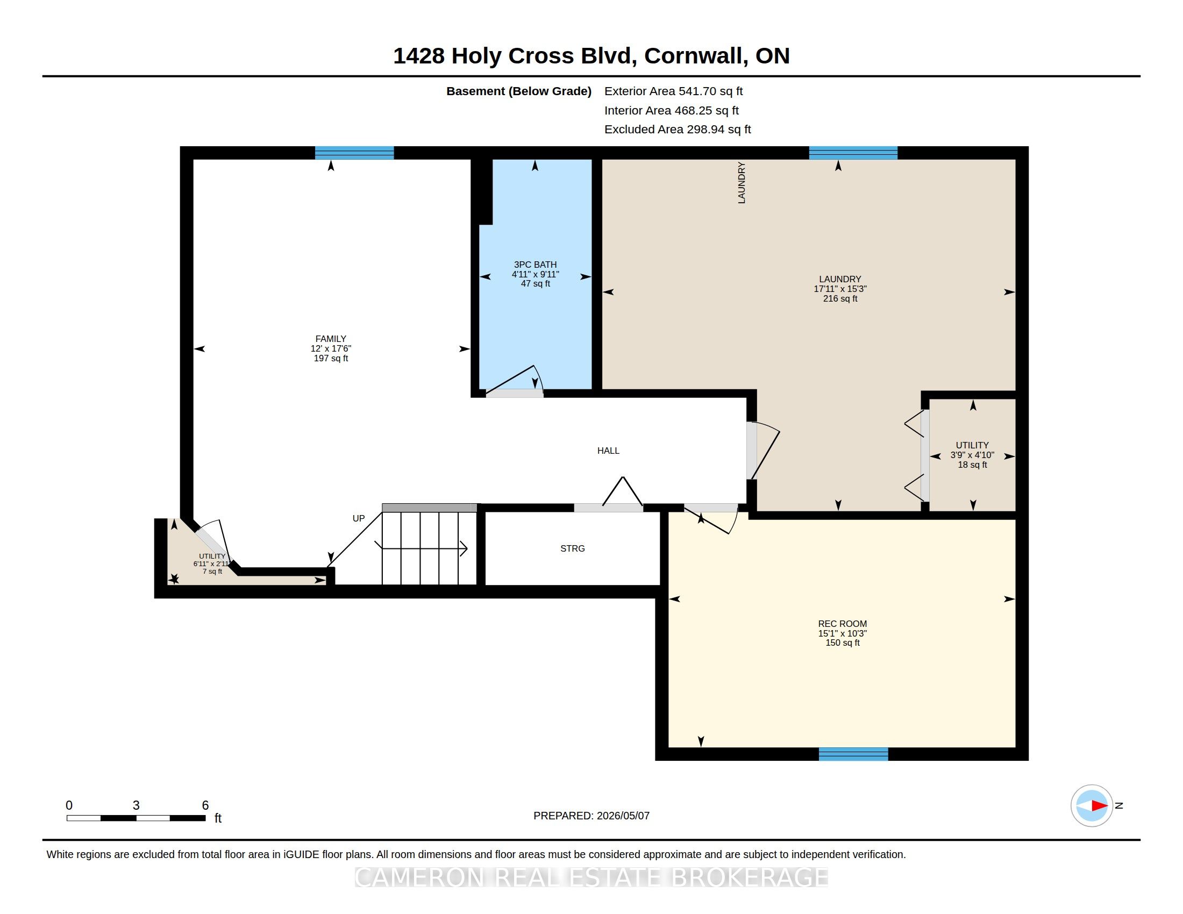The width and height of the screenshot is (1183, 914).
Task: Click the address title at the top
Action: coord(591,56)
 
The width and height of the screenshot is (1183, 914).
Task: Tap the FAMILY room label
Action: coord(330,339)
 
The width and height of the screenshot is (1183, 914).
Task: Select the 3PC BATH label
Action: coord(535,265)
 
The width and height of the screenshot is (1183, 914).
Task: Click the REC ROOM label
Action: coord(842,624)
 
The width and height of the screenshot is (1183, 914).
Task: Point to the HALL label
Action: coord(608,451)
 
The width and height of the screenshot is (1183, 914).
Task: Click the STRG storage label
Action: coord(573,548)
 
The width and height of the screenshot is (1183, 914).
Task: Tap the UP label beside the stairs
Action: coord(359,518)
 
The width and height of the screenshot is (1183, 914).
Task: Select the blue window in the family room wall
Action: coord(354,153)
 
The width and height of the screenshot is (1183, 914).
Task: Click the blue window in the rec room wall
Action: coord(853,754)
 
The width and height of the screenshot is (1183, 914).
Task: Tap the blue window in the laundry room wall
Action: coord(853,153)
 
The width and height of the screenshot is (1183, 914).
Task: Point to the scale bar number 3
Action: coord(136,805)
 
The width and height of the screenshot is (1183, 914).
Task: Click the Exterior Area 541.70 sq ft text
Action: coord(673,91)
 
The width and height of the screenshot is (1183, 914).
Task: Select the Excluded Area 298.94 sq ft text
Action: coord(678,130)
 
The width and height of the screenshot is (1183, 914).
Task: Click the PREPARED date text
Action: coord(591,816)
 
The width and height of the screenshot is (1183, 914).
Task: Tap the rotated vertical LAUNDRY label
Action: coord(742,182)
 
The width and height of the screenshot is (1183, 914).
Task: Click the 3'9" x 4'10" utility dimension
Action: coord(972,455)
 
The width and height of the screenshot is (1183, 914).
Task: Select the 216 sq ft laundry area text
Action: coord(840,298)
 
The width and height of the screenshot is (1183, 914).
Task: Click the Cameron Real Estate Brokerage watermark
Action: coord(591,877)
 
